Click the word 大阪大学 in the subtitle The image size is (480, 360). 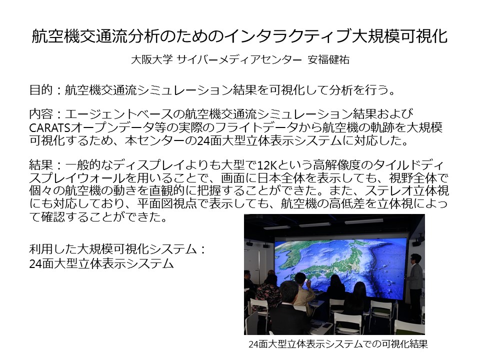pos(151,59)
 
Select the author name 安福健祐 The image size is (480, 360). pos(328,59)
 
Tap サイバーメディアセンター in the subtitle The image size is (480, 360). pos(239,59)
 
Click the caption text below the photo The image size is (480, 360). pos(338,344)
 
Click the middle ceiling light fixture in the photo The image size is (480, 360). pos(314,224)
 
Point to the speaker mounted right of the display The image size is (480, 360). pos(416,242)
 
